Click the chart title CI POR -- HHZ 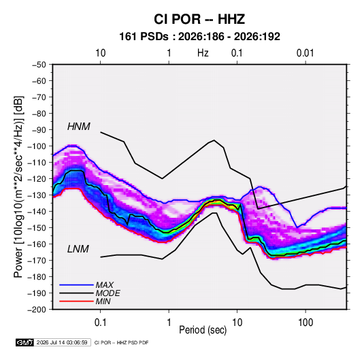(199, 19)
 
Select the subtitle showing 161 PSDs (199, 37)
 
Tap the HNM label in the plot (79, 127)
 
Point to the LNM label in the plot (78, 249)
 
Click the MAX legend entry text (105, 285)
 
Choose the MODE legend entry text (107, 293)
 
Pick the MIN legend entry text (103, 301)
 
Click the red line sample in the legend (76, 301)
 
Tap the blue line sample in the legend (76, 284)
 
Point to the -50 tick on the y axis (39, 65)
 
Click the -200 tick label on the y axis (37, 310)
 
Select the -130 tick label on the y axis (37, 195)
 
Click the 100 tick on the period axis (305, 323)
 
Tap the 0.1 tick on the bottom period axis (100, 323)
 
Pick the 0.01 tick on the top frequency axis (305, 53)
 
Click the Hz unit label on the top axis (203, 53)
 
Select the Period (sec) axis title (203, 330)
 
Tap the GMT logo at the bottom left (25, 342)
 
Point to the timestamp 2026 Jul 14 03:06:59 (62, 342)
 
